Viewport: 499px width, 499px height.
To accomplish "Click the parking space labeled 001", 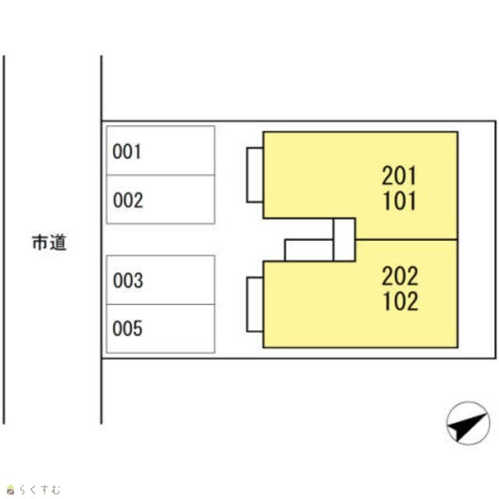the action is (161, 150).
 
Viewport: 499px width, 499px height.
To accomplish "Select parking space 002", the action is (161, 200).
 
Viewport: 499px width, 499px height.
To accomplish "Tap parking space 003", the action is (161, 280).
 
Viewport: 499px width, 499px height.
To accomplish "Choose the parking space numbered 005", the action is (161, 329).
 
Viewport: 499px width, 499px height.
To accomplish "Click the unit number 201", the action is (399, 175).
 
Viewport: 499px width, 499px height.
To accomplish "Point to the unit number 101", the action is (400, 201).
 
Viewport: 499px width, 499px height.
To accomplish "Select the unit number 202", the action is (400, 276).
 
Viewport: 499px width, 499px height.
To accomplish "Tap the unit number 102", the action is (400, 302).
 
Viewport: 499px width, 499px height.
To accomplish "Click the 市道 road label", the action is (49, 242).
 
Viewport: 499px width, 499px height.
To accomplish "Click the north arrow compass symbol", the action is (468, 423).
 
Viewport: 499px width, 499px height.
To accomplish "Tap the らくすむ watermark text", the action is (40, 490).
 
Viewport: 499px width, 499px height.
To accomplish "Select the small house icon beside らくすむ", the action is (10, 490).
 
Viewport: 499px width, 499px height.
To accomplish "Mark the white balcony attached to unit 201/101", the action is (255, 175).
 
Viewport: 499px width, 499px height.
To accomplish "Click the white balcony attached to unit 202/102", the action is (255, 305).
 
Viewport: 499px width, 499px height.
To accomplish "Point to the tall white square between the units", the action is (345, 239).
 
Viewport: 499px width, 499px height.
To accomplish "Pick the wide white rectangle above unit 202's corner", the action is (309, 250).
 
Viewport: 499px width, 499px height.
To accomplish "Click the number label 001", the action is (126, 151).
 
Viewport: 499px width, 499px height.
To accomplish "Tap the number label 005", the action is (127, 328).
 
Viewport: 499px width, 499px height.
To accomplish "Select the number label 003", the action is (128, 281).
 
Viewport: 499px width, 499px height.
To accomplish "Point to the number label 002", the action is (128, 200).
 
